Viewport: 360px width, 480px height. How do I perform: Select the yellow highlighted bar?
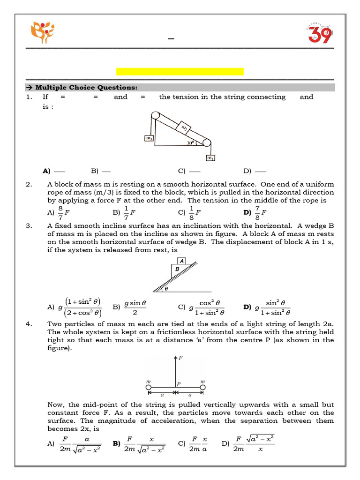(x=180, y=71)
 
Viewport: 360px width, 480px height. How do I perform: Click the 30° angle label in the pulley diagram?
(x=190, y=143)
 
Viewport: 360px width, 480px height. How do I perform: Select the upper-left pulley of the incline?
(x=154, y=116)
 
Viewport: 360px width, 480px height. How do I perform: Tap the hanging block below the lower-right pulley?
(x=210, y=158)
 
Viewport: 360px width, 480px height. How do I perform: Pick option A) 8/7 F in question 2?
(x=59, y=212)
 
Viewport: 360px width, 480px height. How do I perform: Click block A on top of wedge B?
(x=181, y=261)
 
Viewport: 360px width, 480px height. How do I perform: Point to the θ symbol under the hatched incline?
(x=165, y=290)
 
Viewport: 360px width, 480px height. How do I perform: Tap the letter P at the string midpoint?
(x=179, y=383)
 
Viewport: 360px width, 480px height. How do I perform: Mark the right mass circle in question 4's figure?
(x=203, y=388)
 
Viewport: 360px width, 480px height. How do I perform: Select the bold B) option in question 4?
(x=116, y=443)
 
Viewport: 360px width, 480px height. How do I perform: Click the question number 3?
(x=29, y=225)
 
